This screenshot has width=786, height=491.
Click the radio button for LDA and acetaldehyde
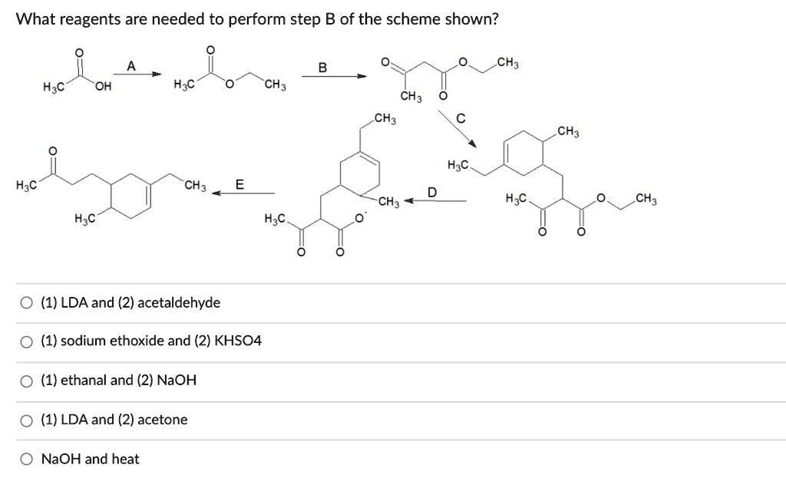28,303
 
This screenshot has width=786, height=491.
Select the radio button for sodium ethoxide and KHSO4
28,341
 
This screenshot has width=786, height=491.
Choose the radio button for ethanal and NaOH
28,380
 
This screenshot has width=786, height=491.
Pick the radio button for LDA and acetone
28,420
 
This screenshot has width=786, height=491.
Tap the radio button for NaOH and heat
28,460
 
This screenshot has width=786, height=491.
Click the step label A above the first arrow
131,67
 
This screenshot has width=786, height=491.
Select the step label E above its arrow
239,184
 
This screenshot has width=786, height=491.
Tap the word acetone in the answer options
162,420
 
